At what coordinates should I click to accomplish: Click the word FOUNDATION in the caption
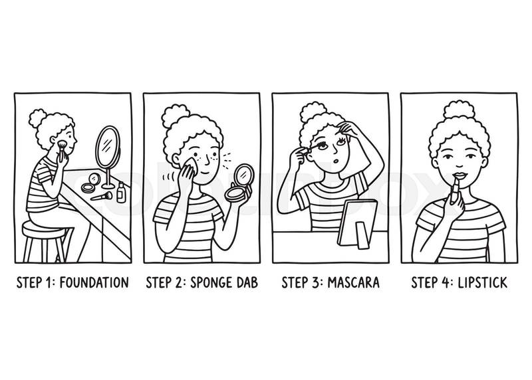[x=94, y=282]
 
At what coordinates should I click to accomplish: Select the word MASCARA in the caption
[x=353, y=282]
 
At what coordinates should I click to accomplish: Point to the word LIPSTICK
[x=483, y=282]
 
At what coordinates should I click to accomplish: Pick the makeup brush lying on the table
[x=102, y=196]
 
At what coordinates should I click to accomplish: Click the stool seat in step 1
[x=43, y=229]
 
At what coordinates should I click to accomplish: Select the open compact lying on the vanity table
[x=91, y=183]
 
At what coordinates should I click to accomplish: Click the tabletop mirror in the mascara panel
[x=357, y=224]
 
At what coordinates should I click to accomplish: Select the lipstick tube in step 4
[x=455, y=191]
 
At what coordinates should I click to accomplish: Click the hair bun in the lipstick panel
[x=459, y=109]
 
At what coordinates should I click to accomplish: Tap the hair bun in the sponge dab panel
[x=176, y=115]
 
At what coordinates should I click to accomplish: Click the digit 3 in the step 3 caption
[x=315, y=282]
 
